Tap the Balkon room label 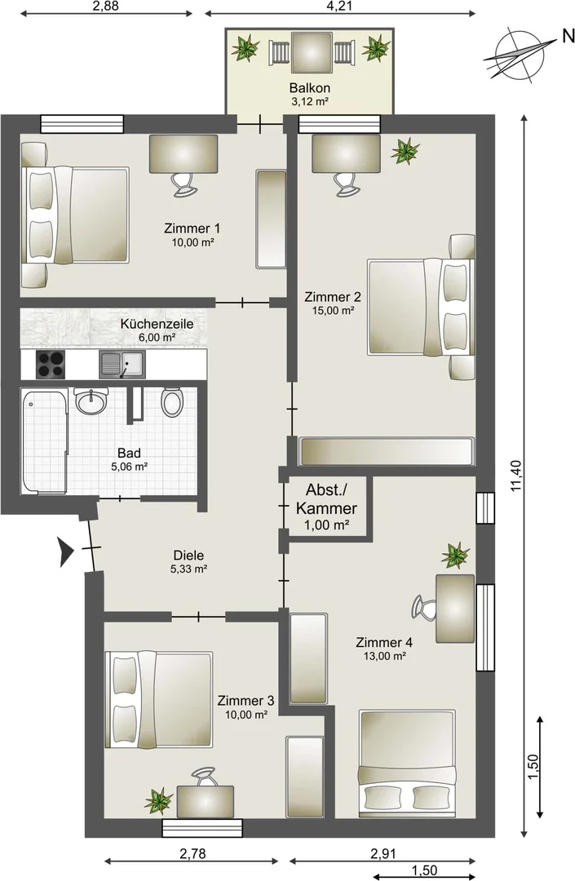click(x=309, y=87)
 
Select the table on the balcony click(x=310, y=52)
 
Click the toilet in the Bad click(x=172, y=401)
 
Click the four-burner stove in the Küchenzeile click(x=50, y=364)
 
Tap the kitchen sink click(x=122, y=364)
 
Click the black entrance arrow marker click(x=66, y=551)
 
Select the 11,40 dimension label click(x=516, y=476)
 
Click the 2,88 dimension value click(x=105, y=7)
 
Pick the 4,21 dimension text click(x=340, y=7)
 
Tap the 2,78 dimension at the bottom click(x=192, y=854)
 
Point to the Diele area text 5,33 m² click(x=189, y=569)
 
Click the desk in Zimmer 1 click(x=184, y=154)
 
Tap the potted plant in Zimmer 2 click(x=405, y=151)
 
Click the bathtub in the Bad click(x=44, y=441)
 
